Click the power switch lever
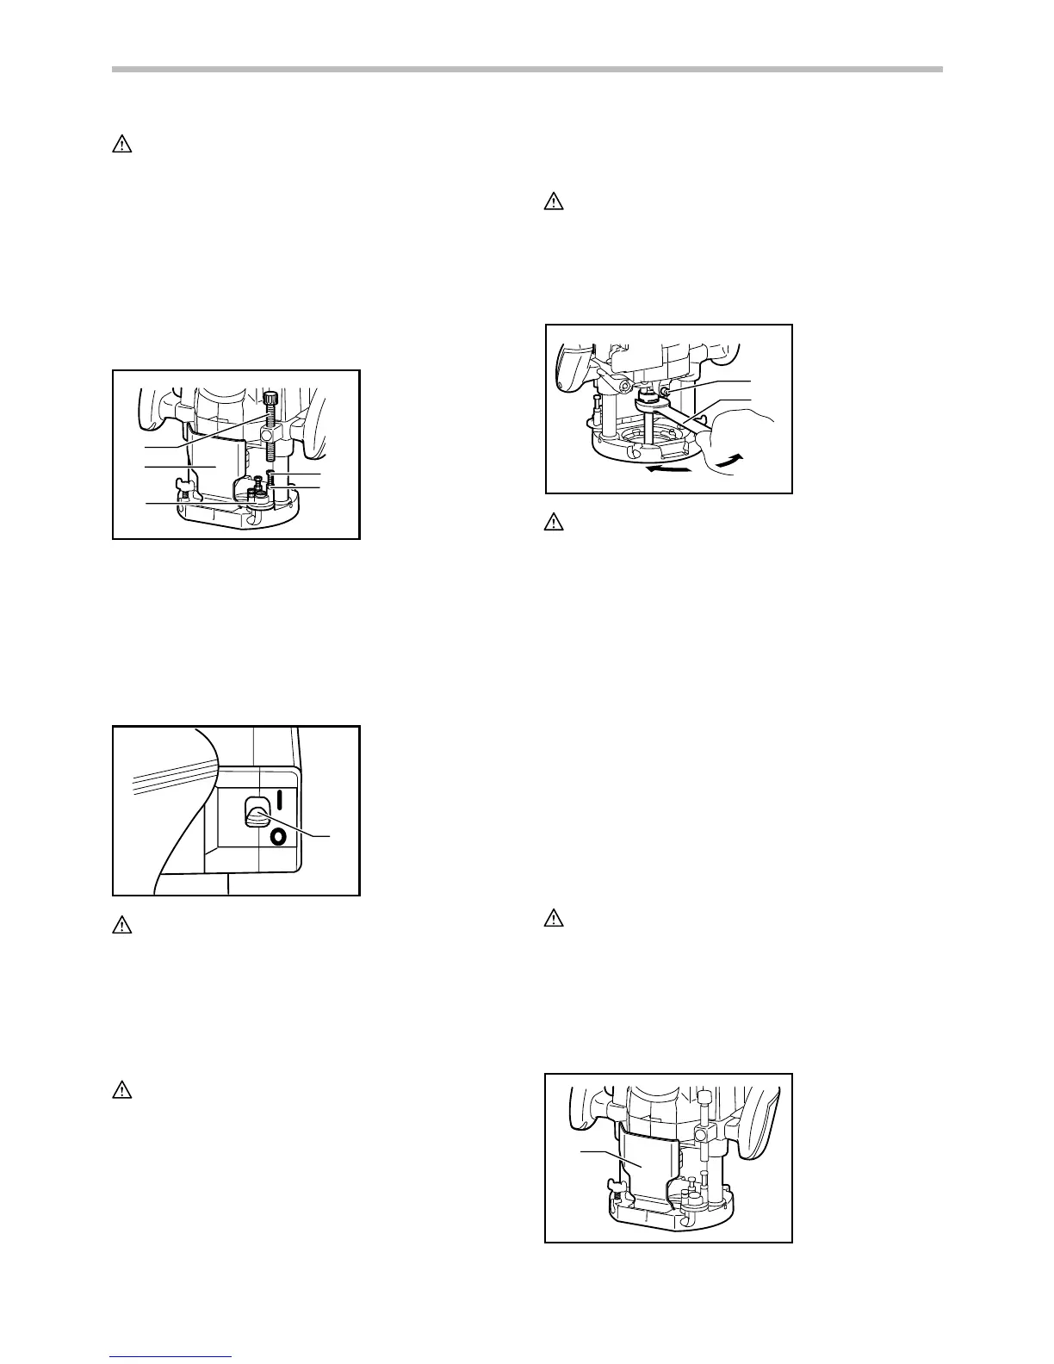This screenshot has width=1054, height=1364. (x=256, y=812)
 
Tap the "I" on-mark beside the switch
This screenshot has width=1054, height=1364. (x=279, y=798)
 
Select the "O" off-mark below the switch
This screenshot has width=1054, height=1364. (x=277, y=837)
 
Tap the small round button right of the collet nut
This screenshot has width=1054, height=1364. (x=666, y=393)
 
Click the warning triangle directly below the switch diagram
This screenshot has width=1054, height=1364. (x=122, y=926)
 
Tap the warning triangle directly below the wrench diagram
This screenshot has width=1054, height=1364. (x=553, y=522)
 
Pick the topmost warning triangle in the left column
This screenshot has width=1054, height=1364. (x=122, y=145)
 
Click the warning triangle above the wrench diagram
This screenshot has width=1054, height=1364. (x=553, y=203)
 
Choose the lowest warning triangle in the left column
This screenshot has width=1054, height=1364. (x=122, y=1090)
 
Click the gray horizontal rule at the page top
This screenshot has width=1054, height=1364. (x=527, y=70)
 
